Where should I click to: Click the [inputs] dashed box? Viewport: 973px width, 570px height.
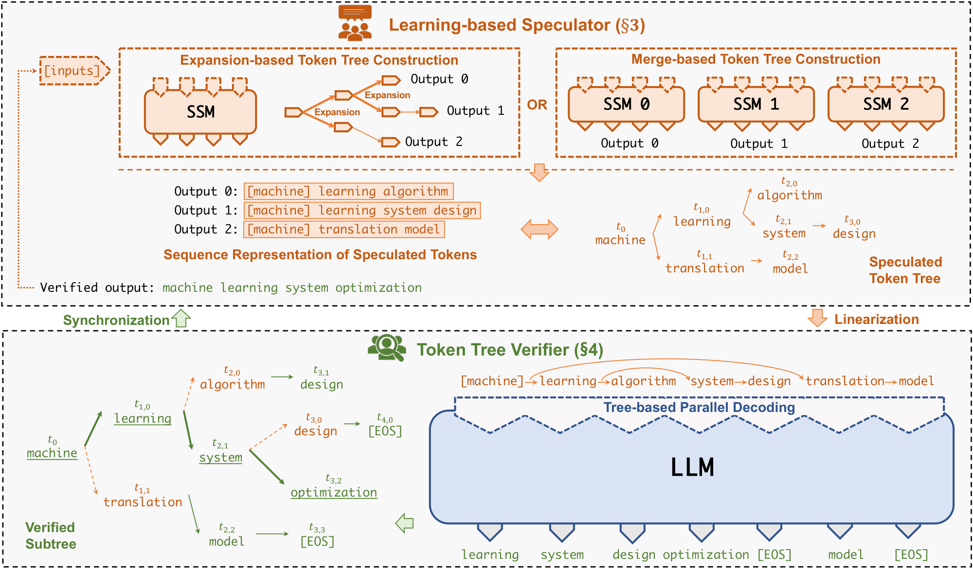(x=73, y=71)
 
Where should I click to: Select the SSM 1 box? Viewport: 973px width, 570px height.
(x=756, y=104)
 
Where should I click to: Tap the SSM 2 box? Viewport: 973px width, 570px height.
(x=886, y=104)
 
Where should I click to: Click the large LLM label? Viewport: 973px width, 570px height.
(x=692, y=467)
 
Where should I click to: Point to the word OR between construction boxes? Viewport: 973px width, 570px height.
(x=537, y=105)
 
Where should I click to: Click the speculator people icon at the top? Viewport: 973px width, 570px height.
(x=355, y=23)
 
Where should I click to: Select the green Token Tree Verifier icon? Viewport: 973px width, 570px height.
(x=387, y=348)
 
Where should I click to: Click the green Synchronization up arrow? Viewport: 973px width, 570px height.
(x=182, y=319)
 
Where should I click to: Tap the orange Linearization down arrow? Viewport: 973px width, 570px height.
(x=817, y=318)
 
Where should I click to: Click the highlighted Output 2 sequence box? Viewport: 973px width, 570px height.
(x=344, y=229)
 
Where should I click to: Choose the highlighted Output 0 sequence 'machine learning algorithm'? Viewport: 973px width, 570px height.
(x=348, y=191)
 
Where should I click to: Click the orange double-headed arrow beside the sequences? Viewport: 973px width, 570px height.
(x=539, y=229)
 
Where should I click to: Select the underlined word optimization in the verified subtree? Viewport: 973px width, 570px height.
(x=334, y=492)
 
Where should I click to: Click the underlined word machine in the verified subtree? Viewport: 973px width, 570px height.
(x=52, y=453)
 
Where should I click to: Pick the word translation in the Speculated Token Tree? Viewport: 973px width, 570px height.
(x=704, y=268)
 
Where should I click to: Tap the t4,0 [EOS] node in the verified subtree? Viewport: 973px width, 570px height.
(x=385, y=431)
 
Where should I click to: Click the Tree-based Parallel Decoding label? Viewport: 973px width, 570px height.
(x=699, y=407)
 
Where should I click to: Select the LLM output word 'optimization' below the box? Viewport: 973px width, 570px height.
(x=705, y=554)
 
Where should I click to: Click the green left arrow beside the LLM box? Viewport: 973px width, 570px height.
(x=405, y=523)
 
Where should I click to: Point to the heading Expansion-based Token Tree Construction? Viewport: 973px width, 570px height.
(x=319, y=60)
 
